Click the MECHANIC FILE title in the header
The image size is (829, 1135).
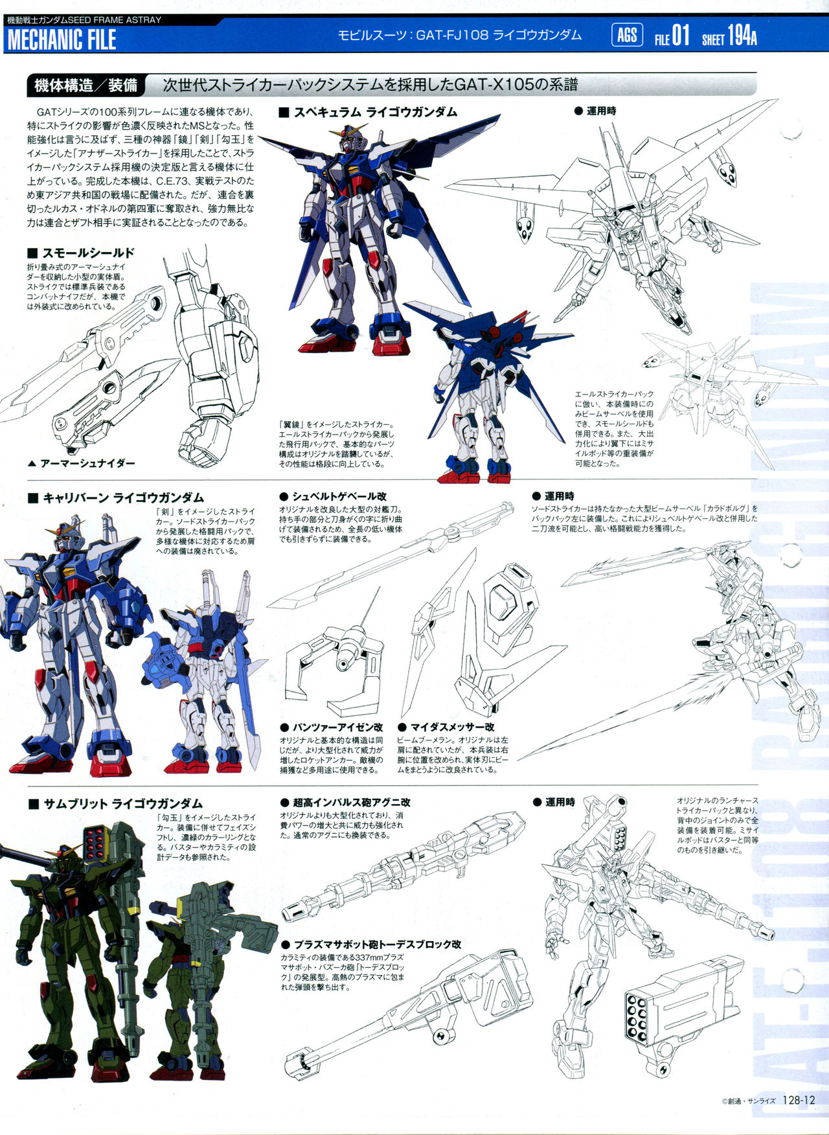(x=62, y=40)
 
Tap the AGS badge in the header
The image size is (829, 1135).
(x=627, y=34)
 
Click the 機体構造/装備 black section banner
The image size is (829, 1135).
(x=85, y=85)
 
